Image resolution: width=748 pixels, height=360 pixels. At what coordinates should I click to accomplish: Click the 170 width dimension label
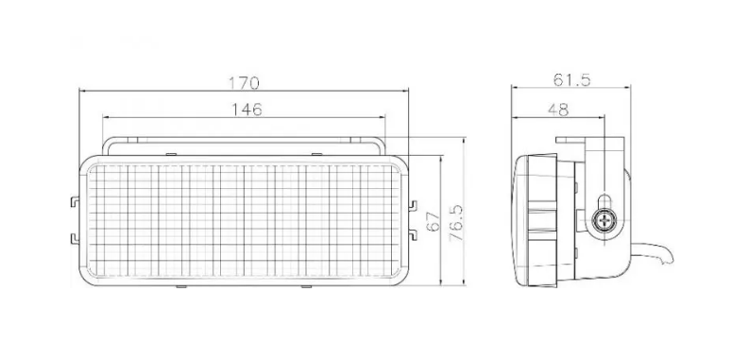tap(244, 82)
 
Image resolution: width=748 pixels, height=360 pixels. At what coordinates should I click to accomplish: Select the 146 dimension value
tap(247, 110)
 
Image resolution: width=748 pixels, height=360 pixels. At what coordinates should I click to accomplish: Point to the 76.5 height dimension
tap(456, 222)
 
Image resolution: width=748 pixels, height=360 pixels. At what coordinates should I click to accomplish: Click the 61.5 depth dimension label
tap(572, 79)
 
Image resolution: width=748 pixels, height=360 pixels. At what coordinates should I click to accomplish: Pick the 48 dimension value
tap(558, 110)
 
